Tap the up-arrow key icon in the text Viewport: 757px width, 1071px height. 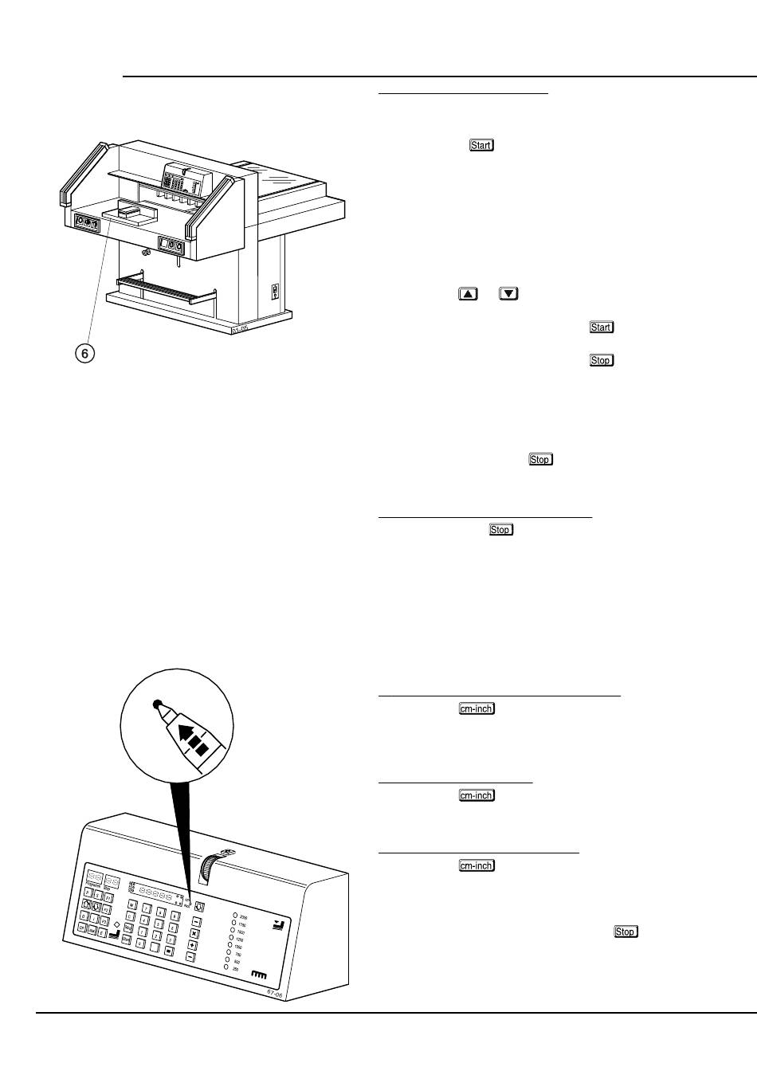pos(468,294)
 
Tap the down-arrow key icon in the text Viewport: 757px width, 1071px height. pos(509,294)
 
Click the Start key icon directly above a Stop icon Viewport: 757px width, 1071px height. pos(601,328)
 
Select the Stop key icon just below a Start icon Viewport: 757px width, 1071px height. pos(601,361)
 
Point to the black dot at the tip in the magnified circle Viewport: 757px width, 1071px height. pos(157,704)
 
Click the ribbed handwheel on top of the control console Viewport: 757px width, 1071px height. pos(210,865)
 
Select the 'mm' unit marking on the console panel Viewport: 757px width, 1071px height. pos(257,974)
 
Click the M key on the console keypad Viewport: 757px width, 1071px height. pos(133,905)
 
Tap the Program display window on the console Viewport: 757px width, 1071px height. pos(94,877)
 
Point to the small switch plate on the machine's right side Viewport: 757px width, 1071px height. pos(276,291)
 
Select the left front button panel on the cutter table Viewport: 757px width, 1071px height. pos(86,222)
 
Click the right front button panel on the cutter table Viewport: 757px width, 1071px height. pos(172,245)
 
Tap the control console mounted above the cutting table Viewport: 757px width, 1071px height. pos(183,180)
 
